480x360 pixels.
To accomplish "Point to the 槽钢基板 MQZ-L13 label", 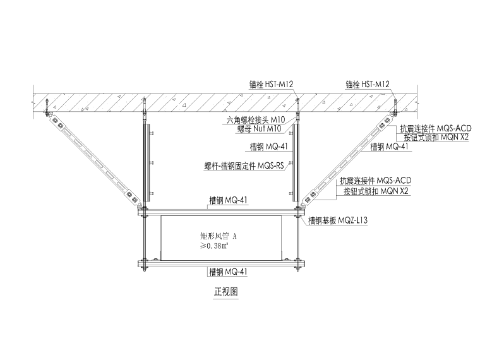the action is click(338, 220).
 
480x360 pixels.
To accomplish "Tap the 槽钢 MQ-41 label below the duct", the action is click(227, 272).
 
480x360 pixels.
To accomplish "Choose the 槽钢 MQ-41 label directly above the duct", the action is click(227, 201).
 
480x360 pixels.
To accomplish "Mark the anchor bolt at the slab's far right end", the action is click(393, 112).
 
